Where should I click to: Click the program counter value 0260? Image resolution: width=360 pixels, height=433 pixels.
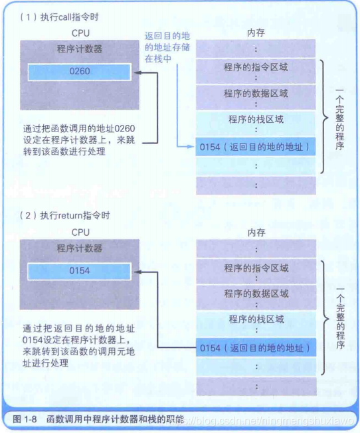point(80,71)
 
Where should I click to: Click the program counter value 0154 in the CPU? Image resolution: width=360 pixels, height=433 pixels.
point(80,271)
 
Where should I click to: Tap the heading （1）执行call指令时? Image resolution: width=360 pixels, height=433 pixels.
point(59,17)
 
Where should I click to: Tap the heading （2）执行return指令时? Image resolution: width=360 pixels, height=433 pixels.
point(64,215)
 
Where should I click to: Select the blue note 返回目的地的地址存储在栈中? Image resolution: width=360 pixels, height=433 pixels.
point(167,47)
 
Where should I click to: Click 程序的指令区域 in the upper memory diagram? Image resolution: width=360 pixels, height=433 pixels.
point(256,67)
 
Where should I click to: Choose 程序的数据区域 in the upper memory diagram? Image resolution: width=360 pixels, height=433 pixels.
point(256,94)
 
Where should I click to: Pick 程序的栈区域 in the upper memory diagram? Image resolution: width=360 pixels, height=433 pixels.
point(256,120)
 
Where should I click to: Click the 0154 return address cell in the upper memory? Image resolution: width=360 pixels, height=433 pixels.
point(256,147)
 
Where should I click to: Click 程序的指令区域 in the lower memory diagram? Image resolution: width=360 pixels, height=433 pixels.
point(256,268)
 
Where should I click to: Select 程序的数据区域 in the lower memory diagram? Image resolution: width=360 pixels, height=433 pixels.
point(256,294)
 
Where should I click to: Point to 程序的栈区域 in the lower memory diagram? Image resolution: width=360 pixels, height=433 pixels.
point(256,319)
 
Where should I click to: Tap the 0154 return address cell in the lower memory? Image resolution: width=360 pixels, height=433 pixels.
point(256,348)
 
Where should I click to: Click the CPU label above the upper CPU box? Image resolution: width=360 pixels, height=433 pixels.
point(80,33)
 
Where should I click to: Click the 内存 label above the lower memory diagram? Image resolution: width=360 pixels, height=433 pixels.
point(256,232)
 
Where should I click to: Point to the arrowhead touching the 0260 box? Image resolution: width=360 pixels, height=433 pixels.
point(137,73)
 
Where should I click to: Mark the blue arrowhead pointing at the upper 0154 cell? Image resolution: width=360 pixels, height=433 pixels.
point(191,147)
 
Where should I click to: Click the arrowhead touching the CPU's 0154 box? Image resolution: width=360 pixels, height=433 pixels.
point(137,272)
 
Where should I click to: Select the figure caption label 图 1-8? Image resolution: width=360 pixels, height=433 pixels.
point(25,419)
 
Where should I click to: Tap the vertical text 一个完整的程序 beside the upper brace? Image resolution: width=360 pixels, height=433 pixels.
point(339,120)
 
